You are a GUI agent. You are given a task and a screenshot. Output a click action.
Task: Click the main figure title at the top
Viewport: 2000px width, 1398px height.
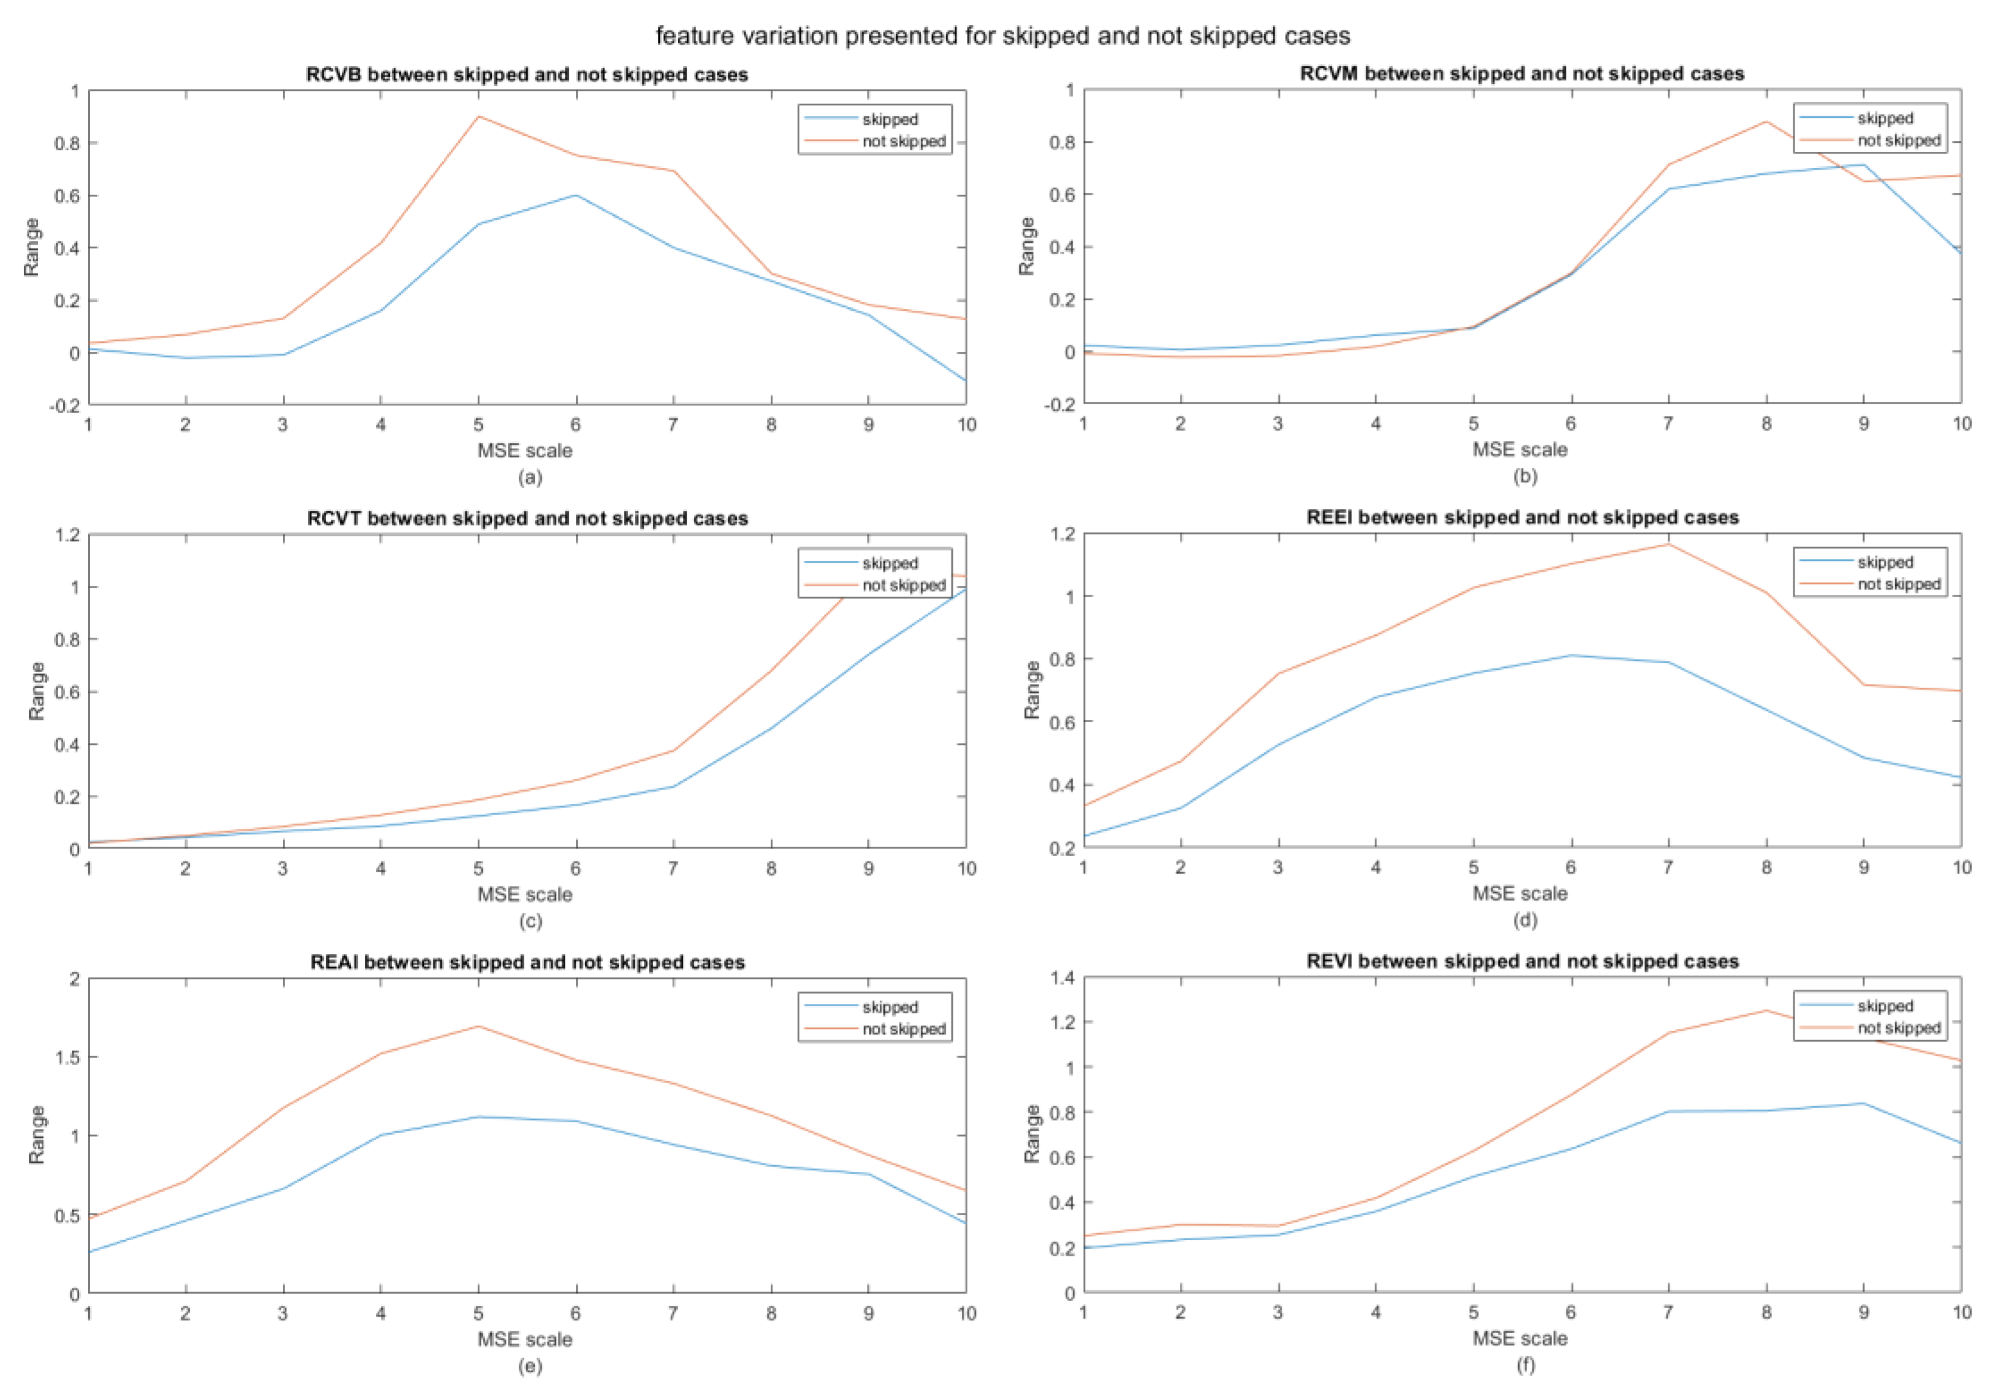[x=1002, y=36]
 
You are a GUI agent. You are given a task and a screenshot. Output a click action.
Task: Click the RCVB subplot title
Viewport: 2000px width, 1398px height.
[x=527, y=75]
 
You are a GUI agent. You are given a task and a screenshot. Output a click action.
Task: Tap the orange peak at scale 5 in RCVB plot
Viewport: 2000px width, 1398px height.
[x=478, y=117]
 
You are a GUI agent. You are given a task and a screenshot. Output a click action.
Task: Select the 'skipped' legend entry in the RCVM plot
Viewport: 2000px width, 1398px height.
[x=1884, y=118]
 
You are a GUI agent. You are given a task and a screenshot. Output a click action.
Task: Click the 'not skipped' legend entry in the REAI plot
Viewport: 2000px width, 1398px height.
[x=904, y=1029]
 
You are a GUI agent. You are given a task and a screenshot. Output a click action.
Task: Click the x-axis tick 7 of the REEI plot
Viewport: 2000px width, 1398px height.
[x=1668, y=867]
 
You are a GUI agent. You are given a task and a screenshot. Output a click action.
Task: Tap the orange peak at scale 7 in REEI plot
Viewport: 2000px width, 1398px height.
[x=1668, y=544]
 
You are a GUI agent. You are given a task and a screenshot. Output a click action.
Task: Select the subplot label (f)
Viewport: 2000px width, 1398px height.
[x=1525, y=1365]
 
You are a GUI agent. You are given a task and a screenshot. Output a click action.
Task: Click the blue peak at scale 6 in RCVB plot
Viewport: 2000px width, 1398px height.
[x=576, y=195]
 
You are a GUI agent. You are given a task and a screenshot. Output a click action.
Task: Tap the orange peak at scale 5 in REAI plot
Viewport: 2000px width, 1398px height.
[x=478, y=1026]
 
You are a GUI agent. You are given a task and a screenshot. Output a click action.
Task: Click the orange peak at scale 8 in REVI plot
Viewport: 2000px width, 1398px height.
[x=1767, y=1010]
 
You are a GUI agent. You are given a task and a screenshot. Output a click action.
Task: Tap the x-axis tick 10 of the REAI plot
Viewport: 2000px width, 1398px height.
[x=967, y=1313]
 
